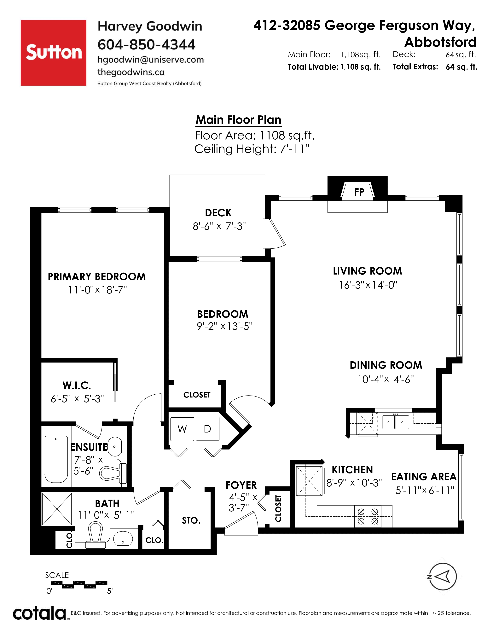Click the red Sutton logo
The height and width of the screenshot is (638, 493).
coord(53,53)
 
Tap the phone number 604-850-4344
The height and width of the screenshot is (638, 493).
coord(146,44)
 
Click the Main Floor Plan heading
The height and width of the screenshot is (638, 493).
coord(238,120)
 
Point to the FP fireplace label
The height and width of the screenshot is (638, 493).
coord(359,192)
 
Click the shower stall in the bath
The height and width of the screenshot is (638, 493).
coord(57,509)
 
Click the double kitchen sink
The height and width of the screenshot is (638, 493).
coord(395,422)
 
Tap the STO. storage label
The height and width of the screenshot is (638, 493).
coord(191,521)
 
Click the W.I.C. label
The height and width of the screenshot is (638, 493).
coord(77,386)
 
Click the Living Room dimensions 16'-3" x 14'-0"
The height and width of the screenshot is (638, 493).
coord(368,285)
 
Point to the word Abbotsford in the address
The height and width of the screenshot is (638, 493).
coord(440,42)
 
